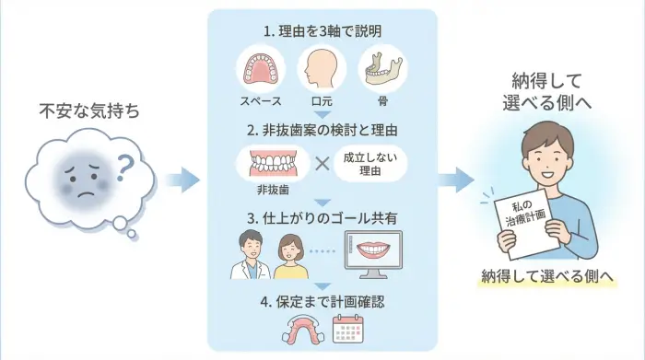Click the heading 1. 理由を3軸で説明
pos(322,31)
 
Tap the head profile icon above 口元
pos(322,68)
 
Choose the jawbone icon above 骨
pos(382,67)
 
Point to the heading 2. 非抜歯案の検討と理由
pos(322,127)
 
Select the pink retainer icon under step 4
pos(297,329)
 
